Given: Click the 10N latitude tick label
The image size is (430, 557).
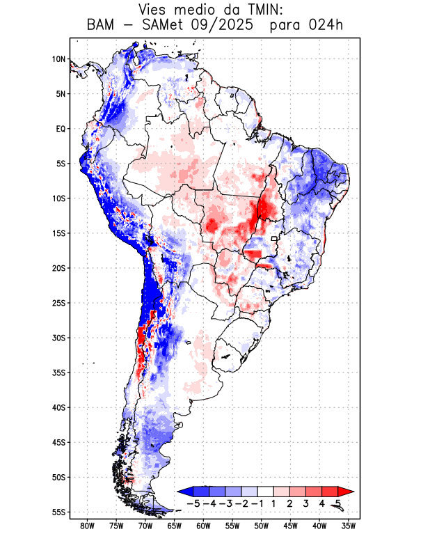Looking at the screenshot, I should pyautogui.click(x=58, y=59).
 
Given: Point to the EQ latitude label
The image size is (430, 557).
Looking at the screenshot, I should pyautogui.click(x=60, y=129).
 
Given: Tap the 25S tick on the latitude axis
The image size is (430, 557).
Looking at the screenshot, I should pyautogui.click(x=58, y=303).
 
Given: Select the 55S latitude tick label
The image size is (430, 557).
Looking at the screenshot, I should pyautogui.click(x=58, y=512).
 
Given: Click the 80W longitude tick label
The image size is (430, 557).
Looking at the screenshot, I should pyautogui.click(x=88, y=526).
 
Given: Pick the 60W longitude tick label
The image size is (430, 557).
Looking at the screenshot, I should pyautogui.click(x=204, y=526).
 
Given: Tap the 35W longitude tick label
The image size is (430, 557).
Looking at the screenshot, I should pyautogui.click(x=349, y=526).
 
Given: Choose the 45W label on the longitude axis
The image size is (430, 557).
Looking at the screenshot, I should pyautogui.click(x=291, y=526).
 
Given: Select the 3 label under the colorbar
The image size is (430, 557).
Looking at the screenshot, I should pyautogui.click(x=305, y=503).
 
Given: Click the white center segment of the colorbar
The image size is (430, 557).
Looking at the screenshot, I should pyautogui.click(x=266, y=492).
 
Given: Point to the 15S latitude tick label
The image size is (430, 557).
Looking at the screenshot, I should pyautogui.click(x=58, y=233).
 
